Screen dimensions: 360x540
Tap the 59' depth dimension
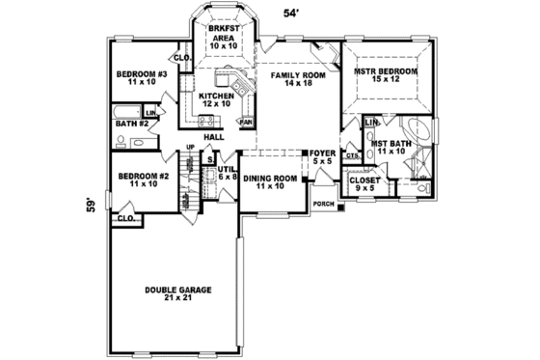(90, 205)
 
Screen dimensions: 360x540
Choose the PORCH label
(323, 204)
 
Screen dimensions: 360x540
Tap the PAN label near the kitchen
(246, 123)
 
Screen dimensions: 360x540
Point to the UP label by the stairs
(190, 148)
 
